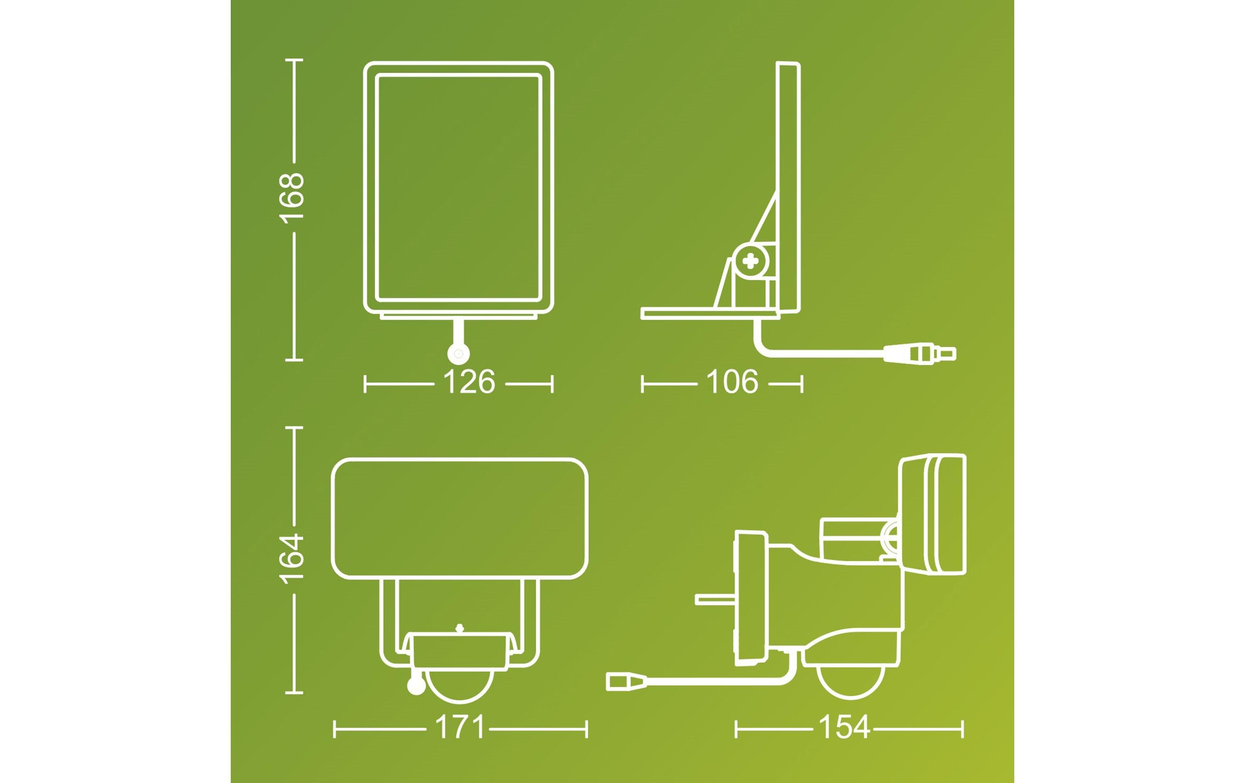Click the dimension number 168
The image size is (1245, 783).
point(292,198)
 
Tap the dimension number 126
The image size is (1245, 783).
point(469,382)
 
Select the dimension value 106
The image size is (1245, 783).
point(732,382)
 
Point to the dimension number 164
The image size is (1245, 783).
point(292,559)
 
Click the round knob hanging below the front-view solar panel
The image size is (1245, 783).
point(458,354)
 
